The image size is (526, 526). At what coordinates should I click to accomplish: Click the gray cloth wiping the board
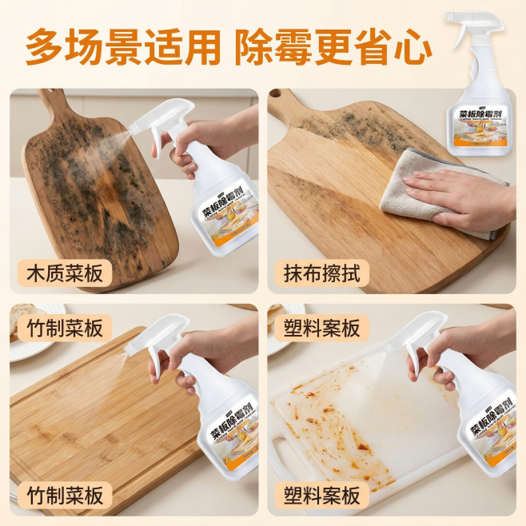416,192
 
